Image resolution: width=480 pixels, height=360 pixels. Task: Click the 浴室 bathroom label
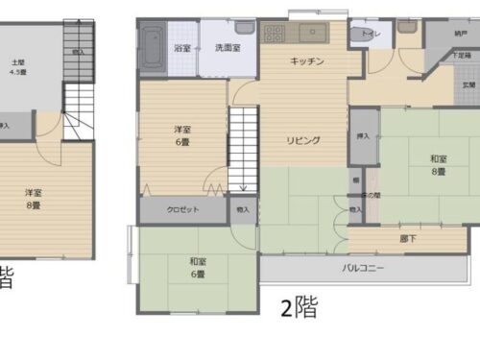tap(180, 47)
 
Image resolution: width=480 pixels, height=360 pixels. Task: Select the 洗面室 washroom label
tap(227, 47)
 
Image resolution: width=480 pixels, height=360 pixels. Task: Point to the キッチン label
tap(307, 60)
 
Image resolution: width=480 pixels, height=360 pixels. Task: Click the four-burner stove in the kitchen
tap(274, 34)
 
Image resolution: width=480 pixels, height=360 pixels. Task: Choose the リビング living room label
tap(302, 139)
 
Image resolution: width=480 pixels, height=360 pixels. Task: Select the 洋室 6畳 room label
tap(181, 133)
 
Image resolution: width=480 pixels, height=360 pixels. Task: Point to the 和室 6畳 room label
tap(197, 266)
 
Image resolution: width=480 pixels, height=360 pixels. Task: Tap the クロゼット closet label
tap(181, 209)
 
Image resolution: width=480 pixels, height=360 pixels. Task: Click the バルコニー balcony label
tap(364, 269)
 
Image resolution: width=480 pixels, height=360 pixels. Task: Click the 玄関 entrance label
tap(468, 85)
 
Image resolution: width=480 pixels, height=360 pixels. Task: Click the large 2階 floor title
tap(298, 308)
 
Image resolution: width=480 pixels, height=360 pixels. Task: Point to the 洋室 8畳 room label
tap(34, 198)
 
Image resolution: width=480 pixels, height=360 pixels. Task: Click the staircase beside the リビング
tap(244, 148)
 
